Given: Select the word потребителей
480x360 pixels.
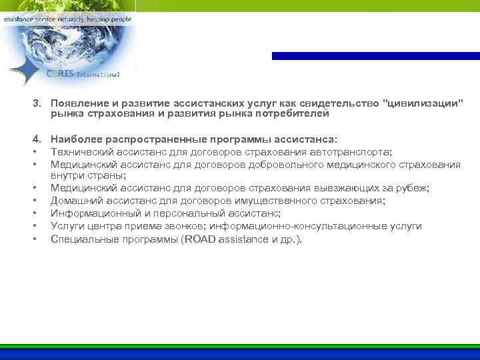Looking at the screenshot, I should click(x=297, y=114).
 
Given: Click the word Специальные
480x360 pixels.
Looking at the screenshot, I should click(x=83, y=239).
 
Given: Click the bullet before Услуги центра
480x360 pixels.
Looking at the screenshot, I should click(x=33, y=226).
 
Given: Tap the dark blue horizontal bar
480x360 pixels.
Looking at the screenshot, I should click(x=375, y=56).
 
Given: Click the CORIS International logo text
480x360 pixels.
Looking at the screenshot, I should click(x=83, y=75).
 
